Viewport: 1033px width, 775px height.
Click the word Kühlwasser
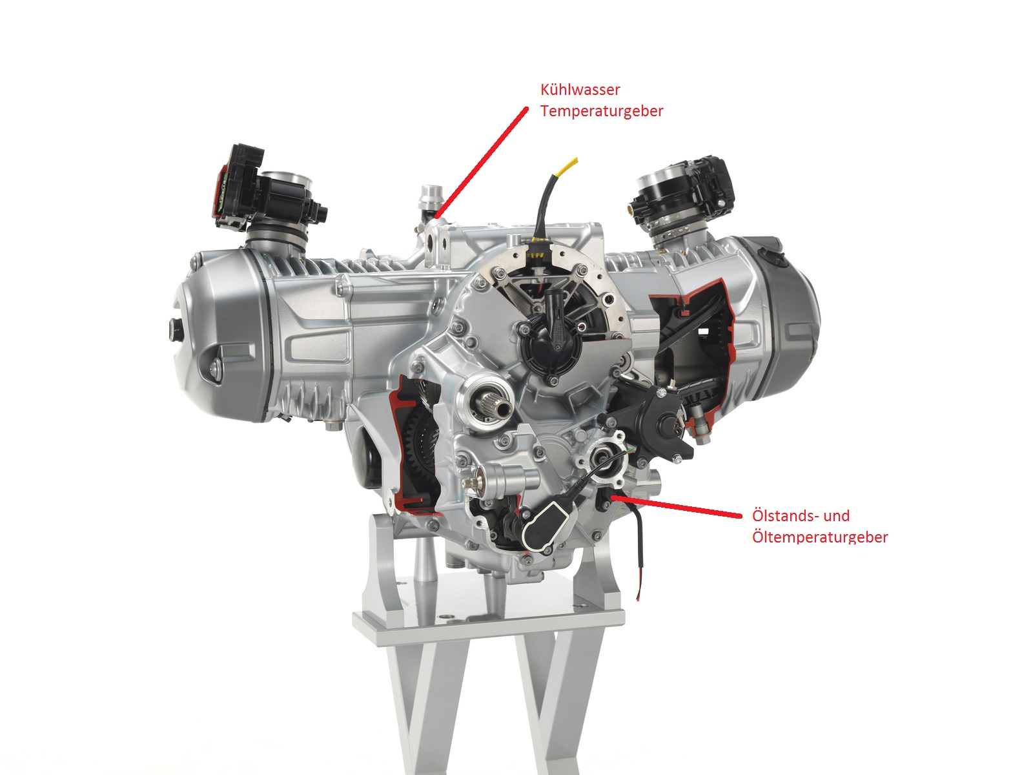(580, 89)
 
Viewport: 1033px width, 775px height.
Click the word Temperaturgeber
(602, 111)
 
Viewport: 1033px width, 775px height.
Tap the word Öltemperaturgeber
(820, 537)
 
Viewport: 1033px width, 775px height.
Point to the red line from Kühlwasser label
(481, 163)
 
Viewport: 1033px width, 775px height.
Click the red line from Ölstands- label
(676, 506)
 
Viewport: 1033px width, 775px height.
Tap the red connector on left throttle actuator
(221, 193)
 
